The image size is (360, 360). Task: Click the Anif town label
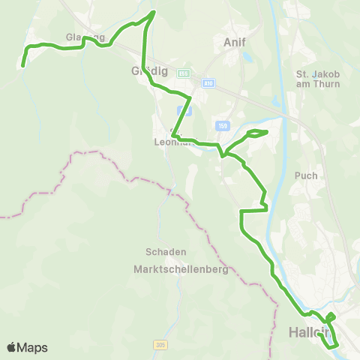(x=235, y=43)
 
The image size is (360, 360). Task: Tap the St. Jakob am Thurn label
(x=318, y=79)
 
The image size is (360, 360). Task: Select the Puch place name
(x=307, y=175)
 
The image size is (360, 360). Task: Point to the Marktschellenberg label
(x=180, y=269)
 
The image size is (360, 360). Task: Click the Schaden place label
(x=166, y=252)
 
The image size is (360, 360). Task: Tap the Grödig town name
(x=154, y=73)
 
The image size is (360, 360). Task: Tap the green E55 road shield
(x=184, y=73)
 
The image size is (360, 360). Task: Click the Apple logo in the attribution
(x=12, y=347)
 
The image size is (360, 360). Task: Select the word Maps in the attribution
(x=32, y=347)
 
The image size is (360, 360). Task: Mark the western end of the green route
(x=22, y=66)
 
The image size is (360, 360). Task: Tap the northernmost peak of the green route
(x=154, y=12)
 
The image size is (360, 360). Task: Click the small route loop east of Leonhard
(x=257, y=133)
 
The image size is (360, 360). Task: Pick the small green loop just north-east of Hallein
(x=331, y=316)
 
